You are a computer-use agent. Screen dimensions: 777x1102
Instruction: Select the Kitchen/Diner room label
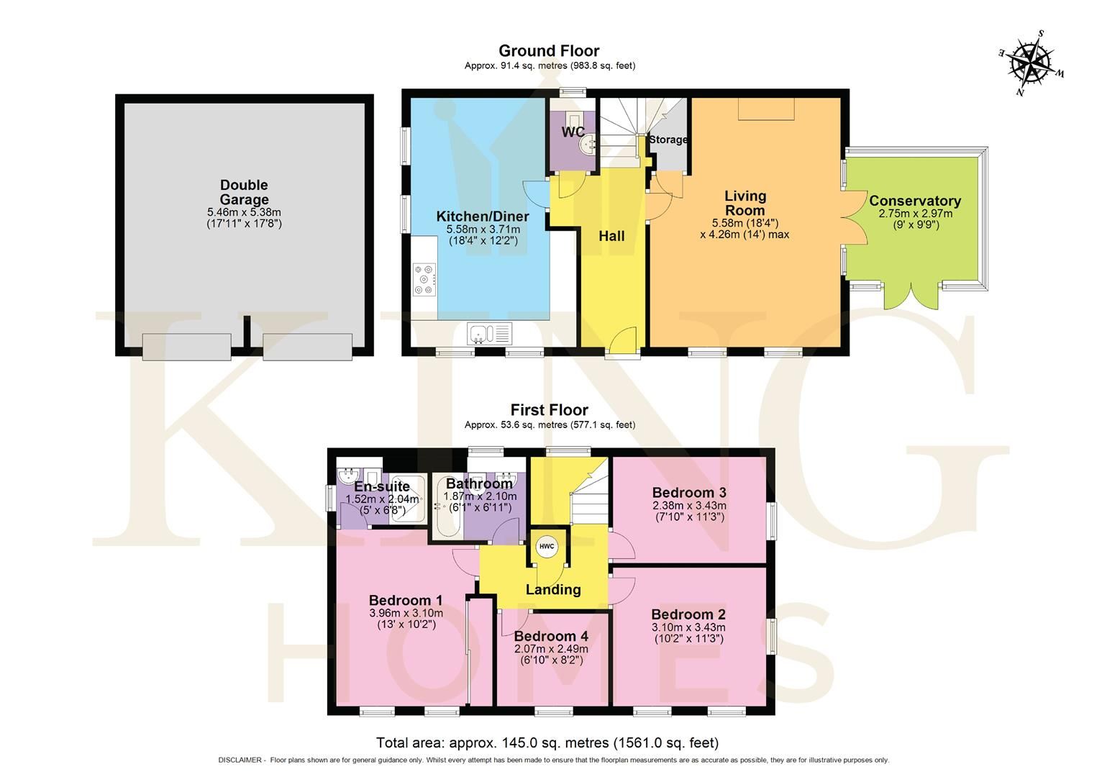pyautogui.click(x=482, y=217)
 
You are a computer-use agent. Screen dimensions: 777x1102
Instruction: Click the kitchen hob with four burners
pyautogui.click(x=424, y=280)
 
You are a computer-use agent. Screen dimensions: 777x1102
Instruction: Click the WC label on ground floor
pyautogui.click(x=573, y=132)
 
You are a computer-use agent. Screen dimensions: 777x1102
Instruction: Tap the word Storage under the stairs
pyautogui.click(x=668, y=140)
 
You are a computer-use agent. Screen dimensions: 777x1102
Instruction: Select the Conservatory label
pyautogui.click(x=914, y=201)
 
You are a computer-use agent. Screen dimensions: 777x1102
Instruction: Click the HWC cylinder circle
pyautogui.click(x=547, y=547)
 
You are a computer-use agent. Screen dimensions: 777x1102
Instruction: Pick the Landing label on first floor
pyautogui.click(x=552, y=590)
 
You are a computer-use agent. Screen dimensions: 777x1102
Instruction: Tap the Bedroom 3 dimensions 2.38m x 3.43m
pyautogui.click(x=688, y=506)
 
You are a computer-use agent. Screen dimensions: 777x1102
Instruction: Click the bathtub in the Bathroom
pyautogui.click(x=446, y=506)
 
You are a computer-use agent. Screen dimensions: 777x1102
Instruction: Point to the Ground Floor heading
pyautogui.click(x=549, y=50)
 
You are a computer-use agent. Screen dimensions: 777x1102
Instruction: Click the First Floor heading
pyautogui.click(x=549, y=410)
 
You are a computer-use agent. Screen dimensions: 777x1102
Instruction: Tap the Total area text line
pyautogui.click(x=547, y=742)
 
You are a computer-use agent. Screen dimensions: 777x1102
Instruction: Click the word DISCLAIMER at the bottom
pyautogui.click(x=241, y=760)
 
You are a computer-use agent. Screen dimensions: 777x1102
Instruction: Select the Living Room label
pyautogui.click(x=744, y=203)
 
